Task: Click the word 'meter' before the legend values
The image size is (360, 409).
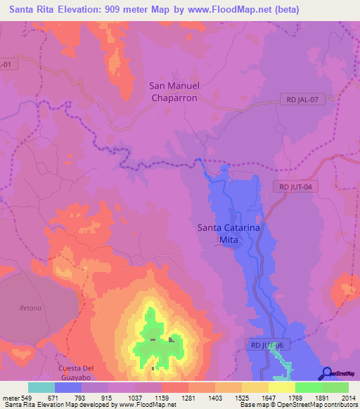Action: coord(11,397)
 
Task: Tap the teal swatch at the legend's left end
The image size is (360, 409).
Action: coord(41,387)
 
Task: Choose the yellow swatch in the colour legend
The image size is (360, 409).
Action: coord(282,387)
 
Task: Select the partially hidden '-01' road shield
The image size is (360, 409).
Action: coord(6,64)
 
